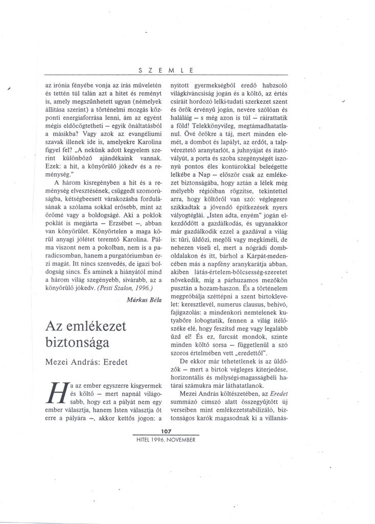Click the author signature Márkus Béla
[x=143, y=301]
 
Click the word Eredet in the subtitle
[x=113, y=362]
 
